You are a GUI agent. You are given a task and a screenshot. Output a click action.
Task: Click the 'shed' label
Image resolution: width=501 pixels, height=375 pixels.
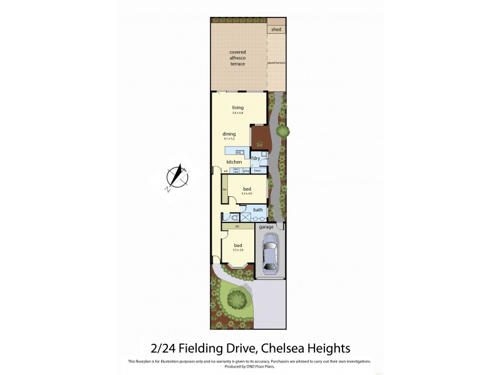[x=276, y=29]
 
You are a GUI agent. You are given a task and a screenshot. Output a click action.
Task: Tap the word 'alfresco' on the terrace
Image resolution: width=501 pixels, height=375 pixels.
[x=237, y=58]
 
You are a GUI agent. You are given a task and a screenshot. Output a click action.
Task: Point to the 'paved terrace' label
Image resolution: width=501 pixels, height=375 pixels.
[x=276, y=63]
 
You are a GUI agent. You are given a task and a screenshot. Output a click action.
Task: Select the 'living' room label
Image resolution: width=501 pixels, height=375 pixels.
[x=237, y=107]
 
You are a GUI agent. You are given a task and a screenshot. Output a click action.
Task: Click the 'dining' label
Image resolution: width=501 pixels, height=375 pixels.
[x=229, y=134]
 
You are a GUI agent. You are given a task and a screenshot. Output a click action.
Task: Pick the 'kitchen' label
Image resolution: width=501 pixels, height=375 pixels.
[x=234, y=162]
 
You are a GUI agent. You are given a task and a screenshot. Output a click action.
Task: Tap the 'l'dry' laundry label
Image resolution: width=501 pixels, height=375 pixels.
[x=256, y=158]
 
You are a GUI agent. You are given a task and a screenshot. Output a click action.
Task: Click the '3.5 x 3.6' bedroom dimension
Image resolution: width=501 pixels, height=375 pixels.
[x=238, y=250]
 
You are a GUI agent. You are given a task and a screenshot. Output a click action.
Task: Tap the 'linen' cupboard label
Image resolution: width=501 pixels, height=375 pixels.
[x=257, y=171]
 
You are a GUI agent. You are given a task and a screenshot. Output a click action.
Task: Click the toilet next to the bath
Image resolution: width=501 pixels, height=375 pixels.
[x=233, y=218]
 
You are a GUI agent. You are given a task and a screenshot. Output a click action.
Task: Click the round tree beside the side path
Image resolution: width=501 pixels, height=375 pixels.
[x=282, y=131]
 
